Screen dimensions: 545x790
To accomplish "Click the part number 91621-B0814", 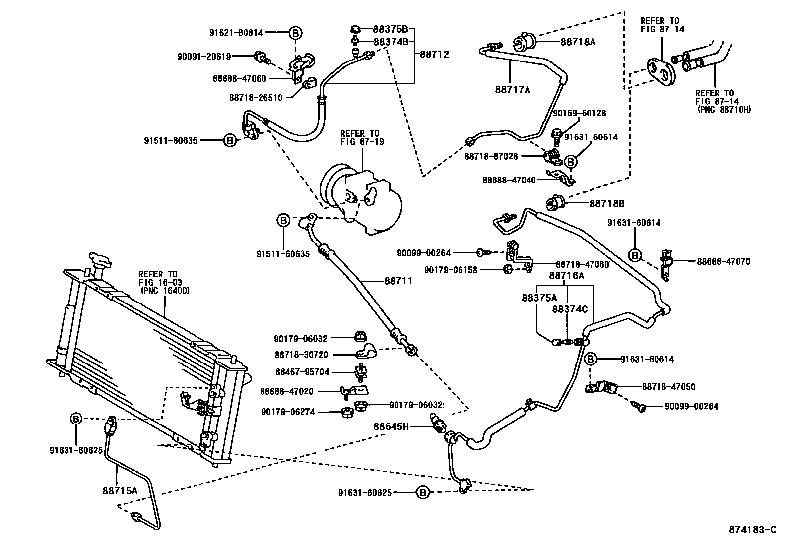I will coord(235,33).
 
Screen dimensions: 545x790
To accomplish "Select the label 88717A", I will coord(513,90).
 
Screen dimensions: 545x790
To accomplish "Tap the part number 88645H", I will coord(391,426).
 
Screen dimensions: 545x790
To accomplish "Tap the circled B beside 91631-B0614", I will coord(590,359).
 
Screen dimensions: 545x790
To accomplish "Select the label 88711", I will coord(398,281).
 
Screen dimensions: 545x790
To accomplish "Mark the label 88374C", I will coord(570,309).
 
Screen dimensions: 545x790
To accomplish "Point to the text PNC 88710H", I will coord(724,109).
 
